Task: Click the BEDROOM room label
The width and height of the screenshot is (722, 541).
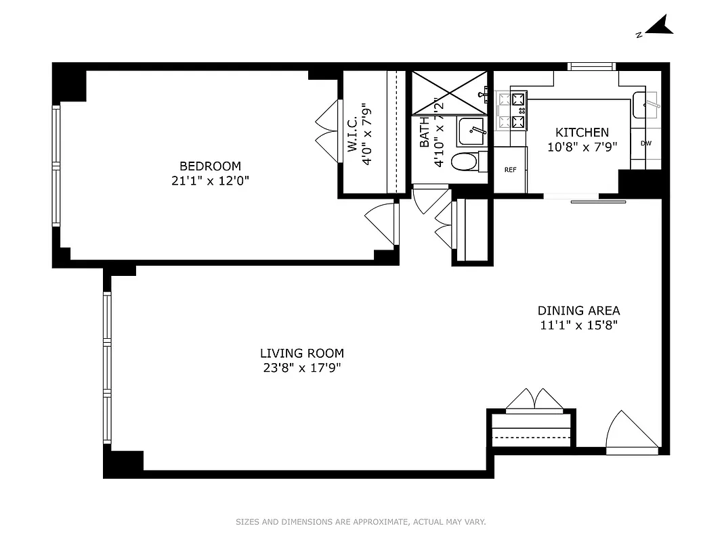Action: point(209,166)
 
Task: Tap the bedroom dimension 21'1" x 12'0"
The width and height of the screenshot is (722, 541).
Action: point(209,181)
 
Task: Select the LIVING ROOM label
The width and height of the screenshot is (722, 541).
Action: point(301,353)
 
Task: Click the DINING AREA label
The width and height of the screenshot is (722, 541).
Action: point(578,310)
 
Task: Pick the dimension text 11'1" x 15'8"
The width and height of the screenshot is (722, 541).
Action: point(578,325)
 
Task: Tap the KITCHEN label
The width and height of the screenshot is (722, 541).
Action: point(582,133)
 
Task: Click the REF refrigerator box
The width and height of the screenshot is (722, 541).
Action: point(510,170)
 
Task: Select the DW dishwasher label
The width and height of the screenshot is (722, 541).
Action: point(645,143)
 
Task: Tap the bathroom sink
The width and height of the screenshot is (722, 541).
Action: point(471,131)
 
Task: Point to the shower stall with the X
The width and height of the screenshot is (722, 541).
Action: point(449,93)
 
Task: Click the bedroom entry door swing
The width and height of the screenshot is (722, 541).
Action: point(381,222)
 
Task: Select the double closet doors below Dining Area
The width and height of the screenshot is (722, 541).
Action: point(534,399)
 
